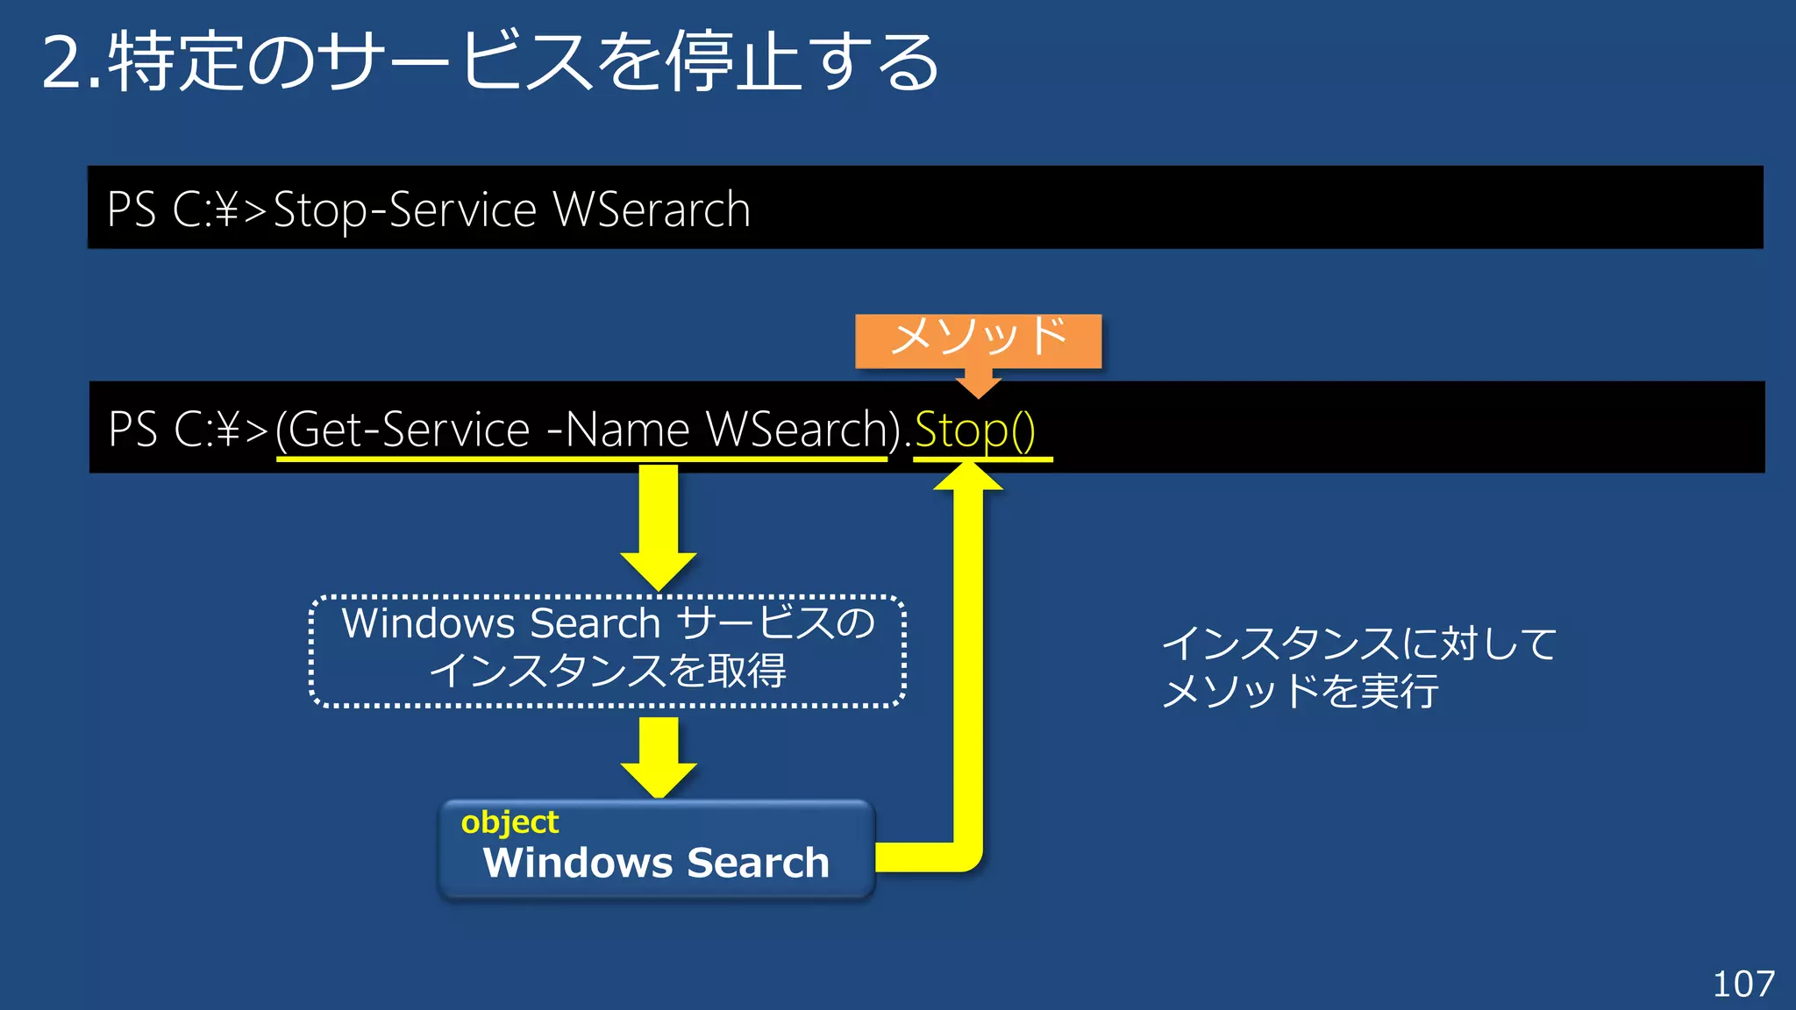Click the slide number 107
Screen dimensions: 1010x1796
(1743, 984)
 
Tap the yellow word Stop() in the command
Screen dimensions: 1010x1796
(974, 430)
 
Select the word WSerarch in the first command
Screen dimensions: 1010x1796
(652, 210)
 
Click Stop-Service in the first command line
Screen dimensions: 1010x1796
(404, 210)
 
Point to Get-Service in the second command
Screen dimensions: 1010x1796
(408, 430)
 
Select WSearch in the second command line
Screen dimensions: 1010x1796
(797, 430)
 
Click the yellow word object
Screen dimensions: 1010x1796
(510, 822)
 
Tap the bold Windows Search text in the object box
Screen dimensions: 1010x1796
(656, 863)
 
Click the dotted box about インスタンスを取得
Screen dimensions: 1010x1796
(608, 650)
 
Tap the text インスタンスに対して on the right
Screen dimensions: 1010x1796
(1358, 644)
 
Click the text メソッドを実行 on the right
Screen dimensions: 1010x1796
(1301, 691)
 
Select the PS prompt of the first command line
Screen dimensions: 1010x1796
(132, 210)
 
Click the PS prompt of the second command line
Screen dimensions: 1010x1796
(132, 430)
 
